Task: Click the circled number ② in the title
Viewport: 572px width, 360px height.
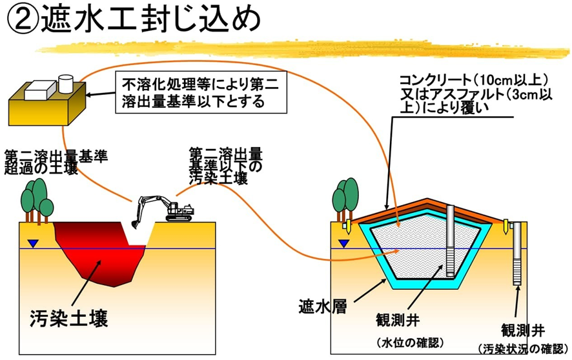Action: click(x=23, y=21)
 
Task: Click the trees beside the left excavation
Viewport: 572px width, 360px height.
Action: click(x=37, y=199)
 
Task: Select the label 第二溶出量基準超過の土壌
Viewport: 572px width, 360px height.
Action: click(x=56, y=163)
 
